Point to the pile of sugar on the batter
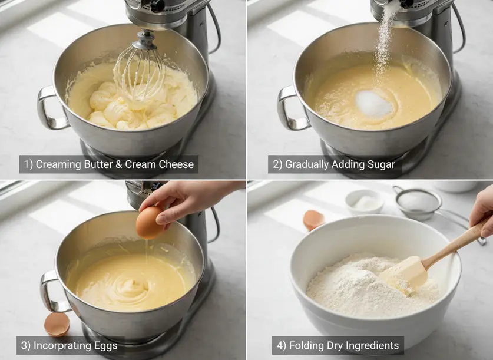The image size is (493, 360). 374,104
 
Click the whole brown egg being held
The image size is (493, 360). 150,223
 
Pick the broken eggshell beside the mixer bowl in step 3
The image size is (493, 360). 57,325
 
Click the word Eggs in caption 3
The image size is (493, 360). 105,345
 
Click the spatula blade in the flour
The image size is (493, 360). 404,273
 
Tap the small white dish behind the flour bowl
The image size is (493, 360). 365,202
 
